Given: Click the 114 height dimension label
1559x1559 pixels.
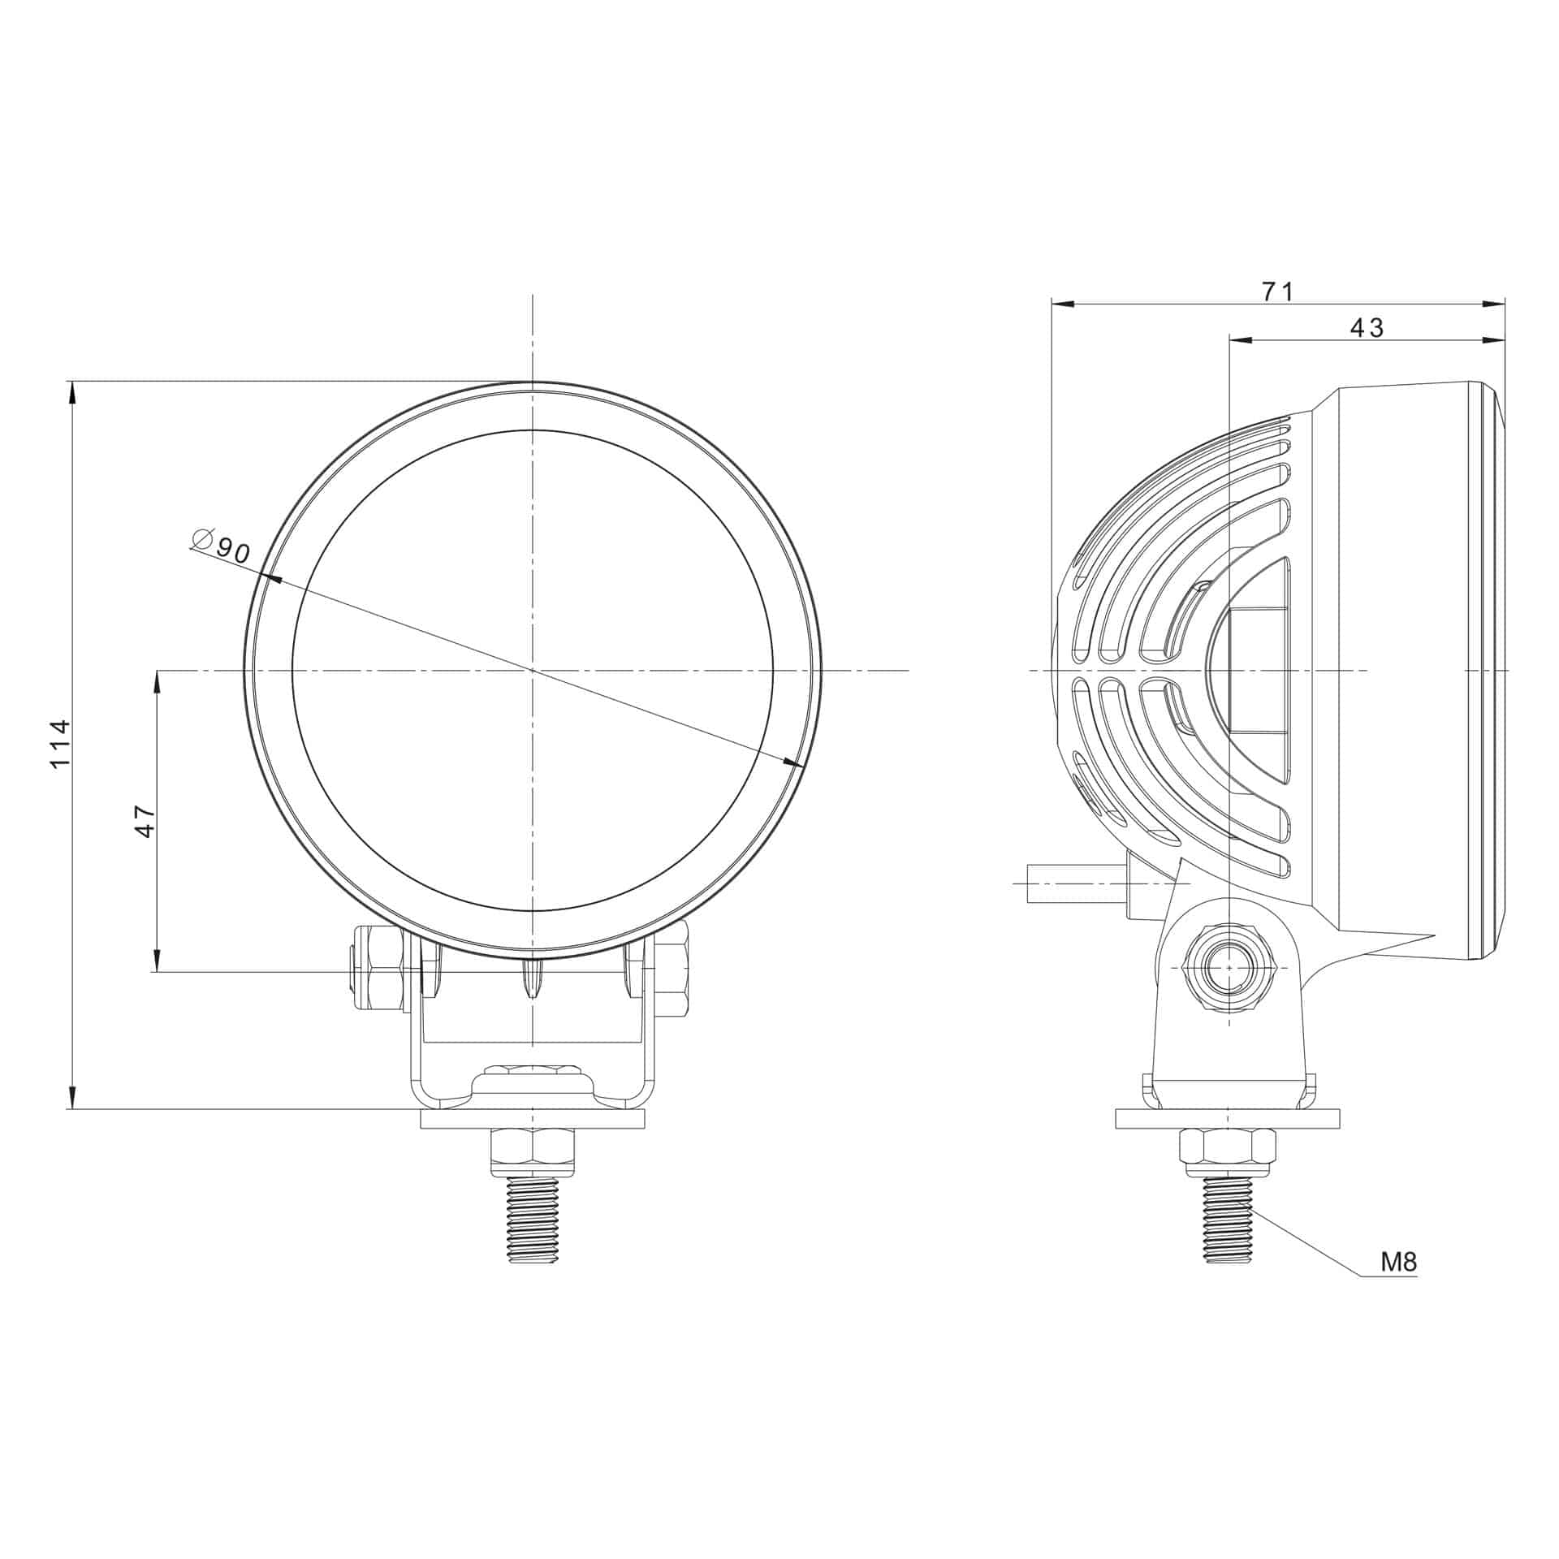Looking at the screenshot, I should [x=61, y=744].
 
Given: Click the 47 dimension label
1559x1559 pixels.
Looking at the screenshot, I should [x=145, y=821].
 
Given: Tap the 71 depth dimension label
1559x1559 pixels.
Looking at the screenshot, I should [x=1277, y=291].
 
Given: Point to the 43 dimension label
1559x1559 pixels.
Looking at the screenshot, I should [x=1367, y=327].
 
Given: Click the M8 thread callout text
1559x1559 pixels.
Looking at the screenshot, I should [x=1399, y=1285].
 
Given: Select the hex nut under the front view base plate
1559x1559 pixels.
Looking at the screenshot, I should [x=533, y=1151].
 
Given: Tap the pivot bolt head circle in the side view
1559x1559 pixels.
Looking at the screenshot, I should [x=1230, y=968].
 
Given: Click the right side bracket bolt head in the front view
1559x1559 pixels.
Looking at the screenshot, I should [x=672, y=978].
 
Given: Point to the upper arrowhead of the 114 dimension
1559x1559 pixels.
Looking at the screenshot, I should [x=73, y=393].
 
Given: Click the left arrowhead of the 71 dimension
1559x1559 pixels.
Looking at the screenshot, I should [x=1063, y=304].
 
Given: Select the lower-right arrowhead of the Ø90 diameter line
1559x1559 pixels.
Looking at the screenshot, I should [x=791, y=762].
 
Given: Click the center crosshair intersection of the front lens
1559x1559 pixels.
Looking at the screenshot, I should [x=533, y=670].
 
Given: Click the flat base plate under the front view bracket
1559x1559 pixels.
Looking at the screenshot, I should [x=533, y=1120].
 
